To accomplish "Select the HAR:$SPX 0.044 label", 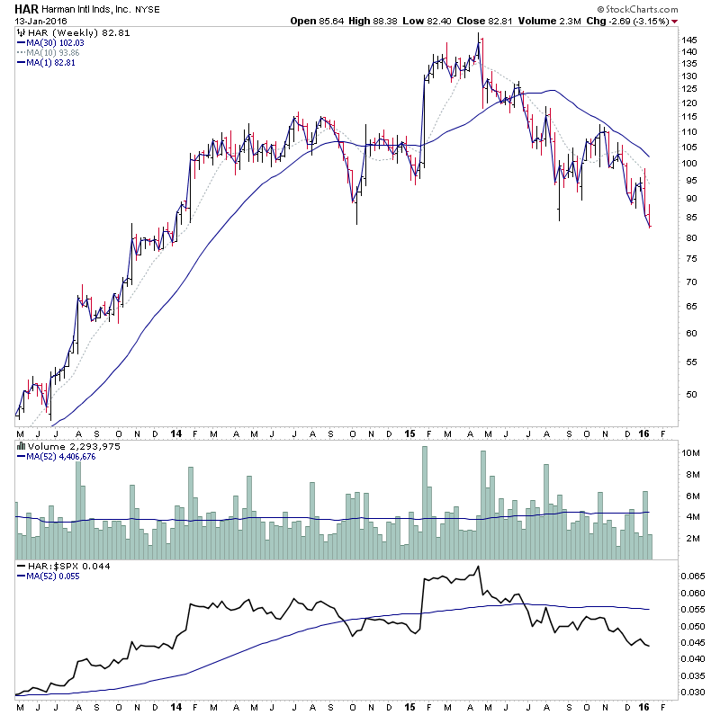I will tap(53, 565).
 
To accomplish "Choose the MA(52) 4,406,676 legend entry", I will tap(62, 457).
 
